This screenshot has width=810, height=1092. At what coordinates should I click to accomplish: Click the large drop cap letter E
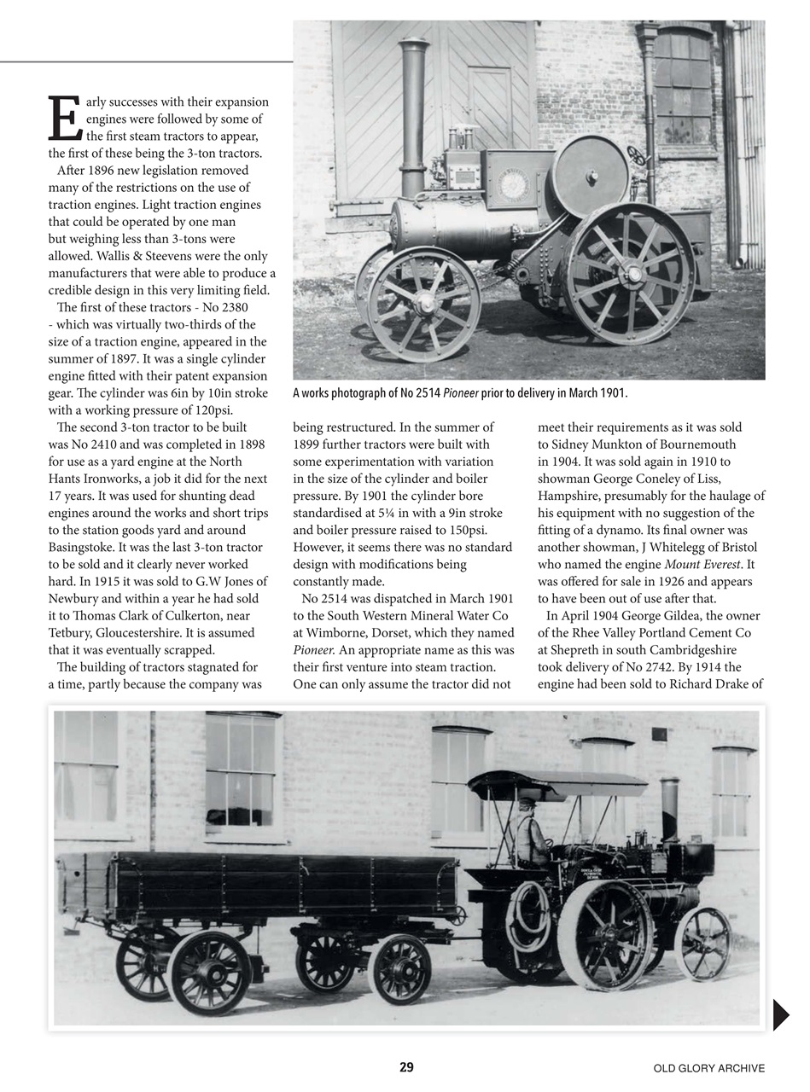[65, 119]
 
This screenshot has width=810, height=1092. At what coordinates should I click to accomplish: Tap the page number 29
[406, 1067]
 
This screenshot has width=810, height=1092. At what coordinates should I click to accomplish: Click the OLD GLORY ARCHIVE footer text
[708, 1068]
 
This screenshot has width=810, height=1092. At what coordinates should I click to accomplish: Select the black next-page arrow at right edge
[780, 1014]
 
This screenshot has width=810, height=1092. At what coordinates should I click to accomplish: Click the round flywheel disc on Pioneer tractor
[591, 176]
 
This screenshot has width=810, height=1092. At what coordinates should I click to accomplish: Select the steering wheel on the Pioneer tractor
[637, 155]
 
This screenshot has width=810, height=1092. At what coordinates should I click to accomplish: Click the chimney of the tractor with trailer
[669, 808]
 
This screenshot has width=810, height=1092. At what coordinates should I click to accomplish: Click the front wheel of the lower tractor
[702, 944]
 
